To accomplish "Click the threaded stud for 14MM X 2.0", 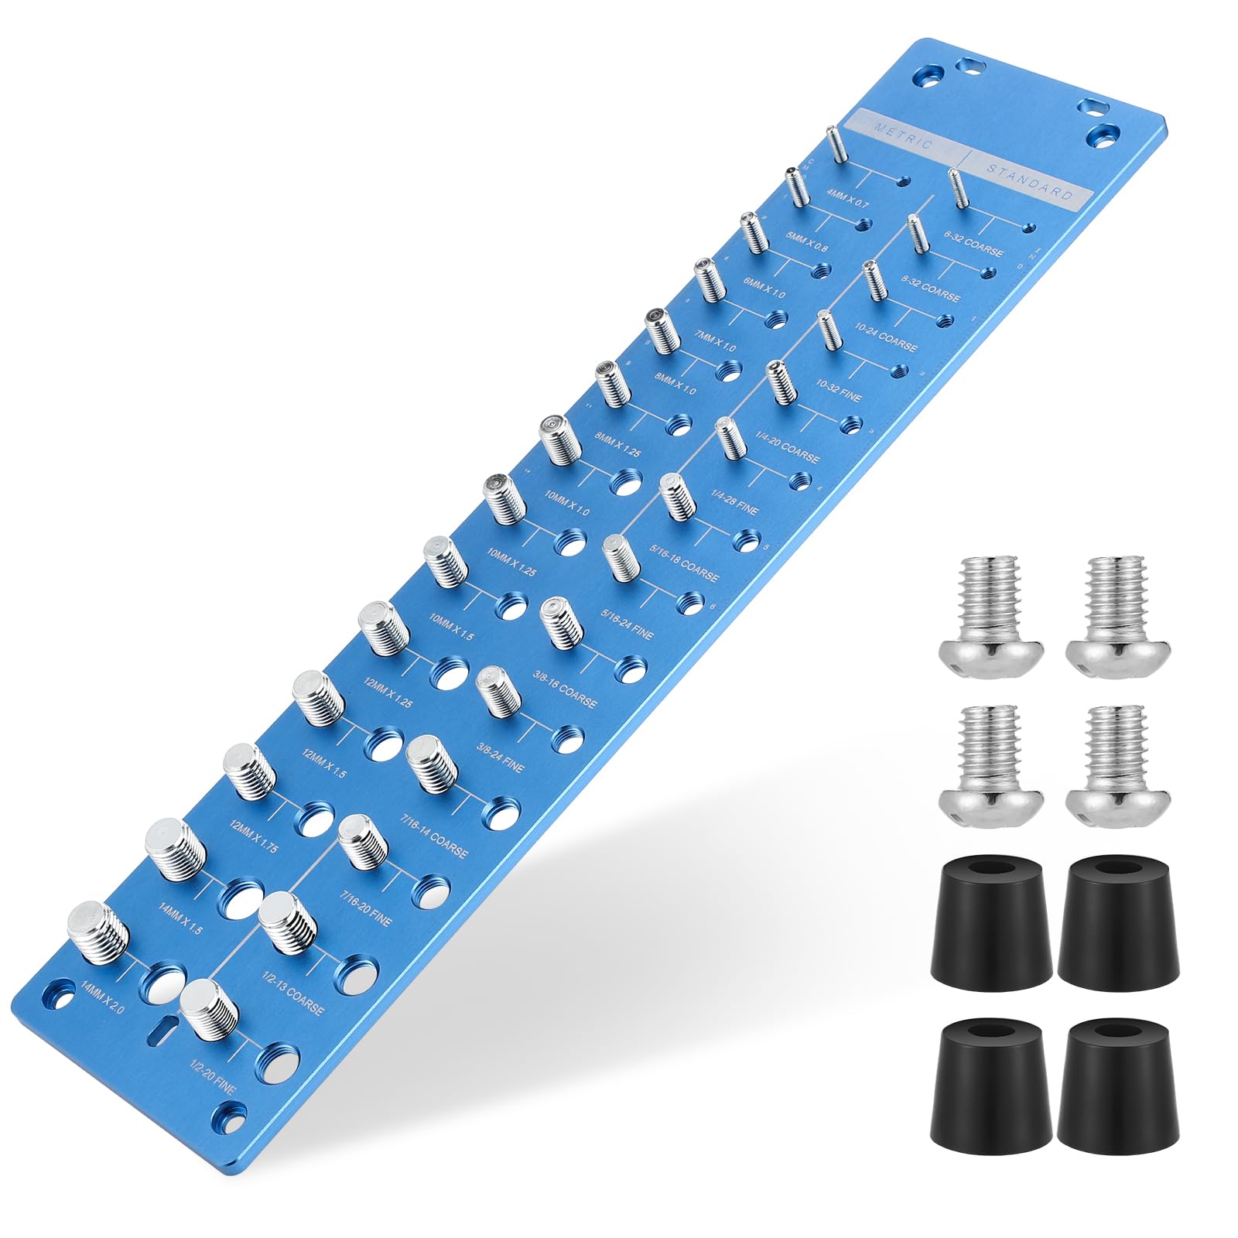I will coord(97,932).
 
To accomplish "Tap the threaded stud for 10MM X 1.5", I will coord(446,561).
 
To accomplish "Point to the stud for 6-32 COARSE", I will coord(957,188).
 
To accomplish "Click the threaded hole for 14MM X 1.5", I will coord(240,897).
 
